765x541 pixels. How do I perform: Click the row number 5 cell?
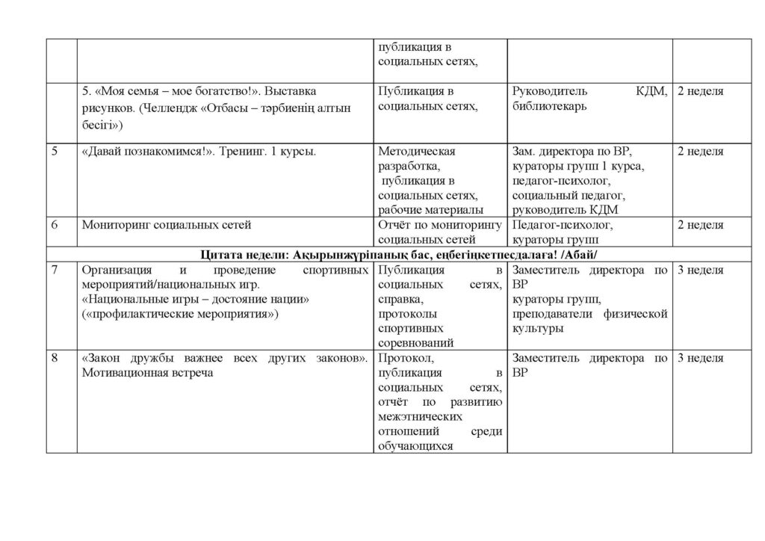(56, 152)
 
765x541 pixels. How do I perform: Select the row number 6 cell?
(56, 225)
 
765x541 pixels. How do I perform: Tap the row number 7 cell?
(56, 270)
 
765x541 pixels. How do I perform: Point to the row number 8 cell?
(56, 359)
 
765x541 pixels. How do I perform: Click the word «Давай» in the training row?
(105, 152)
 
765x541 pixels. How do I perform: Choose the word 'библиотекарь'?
(549, 106)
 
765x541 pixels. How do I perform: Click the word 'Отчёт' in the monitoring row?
(394, 225)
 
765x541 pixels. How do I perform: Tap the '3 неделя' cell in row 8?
(700, 359)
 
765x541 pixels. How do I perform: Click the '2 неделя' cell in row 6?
(700, 225)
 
